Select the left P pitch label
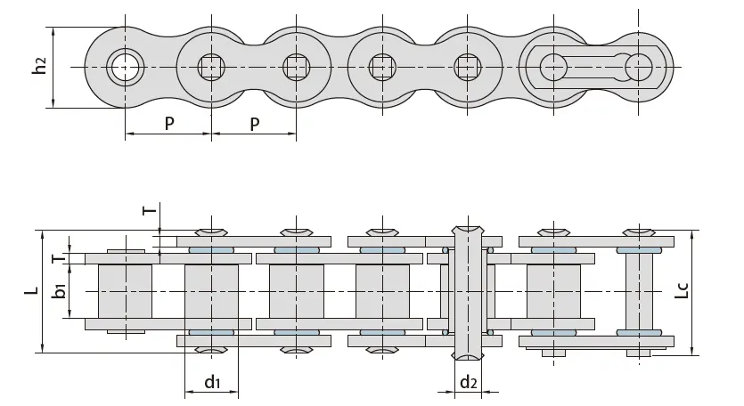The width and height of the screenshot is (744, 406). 168,123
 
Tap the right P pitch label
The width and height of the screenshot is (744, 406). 254,123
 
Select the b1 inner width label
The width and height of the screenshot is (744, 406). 59,291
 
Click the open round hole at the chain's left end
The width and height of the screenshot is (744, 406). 125,66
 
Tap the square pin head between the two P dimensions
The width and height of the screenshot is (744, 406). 211,66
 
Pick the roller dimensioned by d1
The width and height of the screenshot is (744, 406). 211,291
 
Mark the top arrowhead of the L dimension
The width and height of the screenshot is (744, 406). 42,233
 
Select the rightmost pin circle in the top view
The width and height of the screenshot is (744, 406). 639,66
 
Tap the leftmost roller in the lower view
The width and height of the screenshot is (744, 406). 125,291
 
